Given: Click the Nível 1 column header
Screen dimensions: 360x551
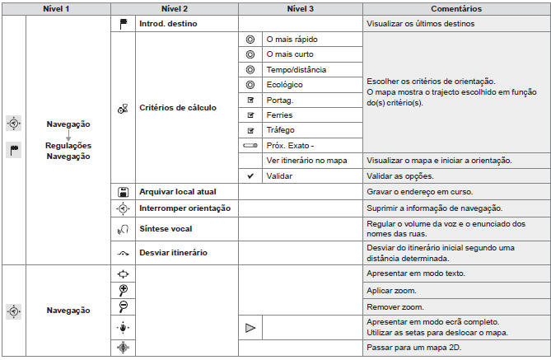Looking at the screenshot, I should (x=55, y=8).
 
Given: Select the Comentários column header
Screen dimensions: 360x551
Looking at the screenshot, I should (x=455, y=8).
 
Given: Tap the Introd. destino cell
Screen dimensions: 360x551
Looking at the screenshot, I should (x=168, y=24).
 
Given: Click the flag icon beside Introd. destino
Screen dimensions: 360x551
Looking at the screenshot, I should (x=123, y=24).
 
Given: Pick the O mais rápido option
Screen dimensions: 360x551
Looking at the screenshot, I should (x=292, y=39).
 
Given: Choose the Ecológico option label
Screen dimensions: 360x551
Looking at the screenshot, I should (x=285, y=84).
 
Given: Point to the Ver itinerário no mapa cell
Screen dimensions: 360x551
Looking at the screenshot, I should (x=306, y=160).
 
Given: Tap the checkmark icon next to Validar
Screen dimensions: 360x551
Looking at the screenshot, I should (x=250, y=175).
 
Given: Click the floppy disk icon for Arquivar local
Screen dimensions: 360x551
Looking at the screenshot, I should (x=123, y=191).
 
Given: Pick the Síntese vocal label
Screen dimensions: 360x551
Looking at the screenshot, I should (x=166, y=228).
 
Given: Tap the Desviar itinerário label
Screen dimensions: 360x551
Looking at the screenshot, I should (x=173, y=252).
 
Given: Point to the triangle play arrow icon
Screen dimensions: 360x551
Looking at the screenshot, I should (x=251, y=328).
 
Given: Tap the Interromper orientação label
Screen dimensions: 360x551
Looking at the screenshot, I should (x=185, y=208).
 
